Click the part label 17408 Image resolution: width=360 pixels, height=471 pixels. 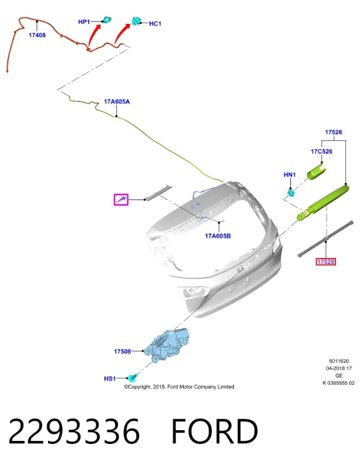click(x=37, y=35)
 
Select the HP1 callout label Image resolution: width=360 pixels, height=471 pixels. click(x=84, y=22)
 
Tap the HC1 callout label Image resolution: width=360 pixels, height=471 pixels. click(x=155, y=23)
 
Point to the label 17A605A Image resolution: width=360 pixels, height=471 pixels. click(x=117, y=101)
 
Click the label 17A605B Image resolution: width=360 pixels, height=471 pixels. click(x=218, y=236)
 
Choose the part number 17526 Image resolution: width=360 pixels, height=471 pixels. click(x=334, y=132)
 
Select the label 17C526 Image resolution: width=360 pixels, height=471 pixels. click(x=322, y=151)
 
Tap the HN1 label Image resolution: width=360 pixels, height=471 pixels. click(x=290, y=175)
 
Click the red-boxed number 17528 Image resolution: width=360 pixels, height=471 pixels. click(x=326, y=262)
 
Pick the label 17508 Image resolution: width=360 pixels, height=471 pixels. click(x=122, y=351)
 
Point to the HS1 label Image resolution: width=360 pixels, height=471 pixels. click(x=110, y=379)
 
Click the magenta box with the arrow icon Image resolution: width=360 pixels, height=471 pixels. click(x=121, y=200)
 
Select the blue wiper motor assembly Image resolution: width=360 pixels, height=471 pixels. click(x=167, y=344)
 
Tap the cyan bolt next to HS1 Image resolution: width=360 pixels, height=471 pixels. click(x=132, y=377)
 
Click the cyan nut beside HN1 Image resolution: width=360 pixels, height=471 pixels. click(x=291, y=192)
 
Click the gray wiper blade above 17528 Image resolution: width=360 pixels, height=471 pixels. click(x=325, y=239)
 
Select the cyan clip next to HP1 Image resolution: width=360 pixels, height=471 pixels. click(x=107, y=20)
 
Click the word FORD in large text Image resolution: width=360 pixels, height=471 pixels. click(x=215, y=431)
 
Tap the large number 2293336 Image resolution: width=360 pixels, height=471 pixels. click(x=74, y=431)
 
